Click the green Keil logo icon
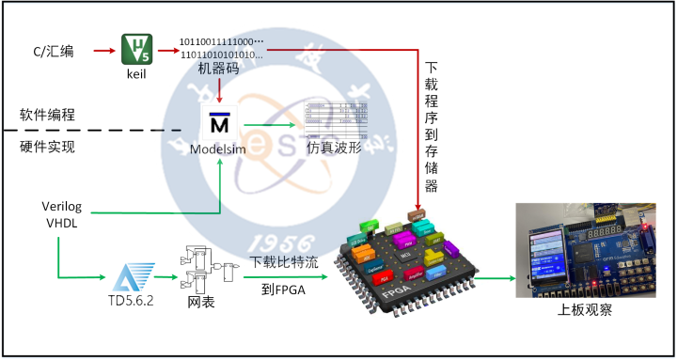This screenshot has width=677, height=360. click(x=136, y=48)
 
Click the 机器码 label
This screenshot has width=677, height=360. click(x=218, y=68)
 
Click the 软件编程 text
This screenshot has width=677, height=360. click(x=47, y=115)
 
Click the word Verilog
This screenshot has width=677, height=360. click(x=64, y=205)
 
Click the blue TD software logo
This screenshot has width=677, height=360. click(x=129, y=277)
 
